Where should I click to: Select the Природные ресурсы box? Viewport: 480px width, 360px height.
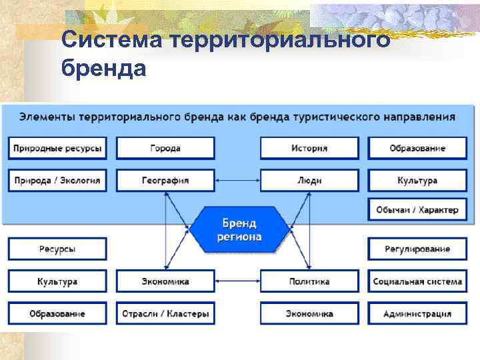pyautogui.click(x=57, y=148)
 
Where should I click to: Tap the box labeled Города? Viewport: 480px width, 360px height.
pyautogui.click(x=165, y=148)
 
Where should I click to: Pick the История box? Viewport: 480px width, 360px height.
pyautogui.click(x=309, y=148)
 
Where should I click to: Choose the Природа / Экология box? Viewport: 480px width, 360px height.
pyautogui.click(x=57, y=180)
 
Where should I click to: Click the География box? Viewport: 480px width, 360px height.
pyautogui.click(x=165, y=180)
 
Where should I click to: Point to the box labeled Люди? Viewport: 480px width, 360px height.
pyautogui.click(x=309, y=180)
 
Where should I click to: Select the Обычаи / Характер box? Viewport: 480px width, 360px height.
pyautogui.click(x=417, y=210)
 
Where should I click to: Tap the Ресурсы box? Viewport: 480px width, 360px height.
pyautogui.click(x=57, y=249)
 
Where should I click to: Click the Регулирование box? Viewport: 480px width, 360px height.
pyautogui.click(x=417, y=249)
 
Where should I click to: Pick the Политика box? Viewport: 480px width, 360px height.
pyautogui.click(x=309, y=281)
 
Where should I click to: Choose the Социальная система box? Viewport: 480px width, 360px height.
pyautogui.click(x=417, y=281)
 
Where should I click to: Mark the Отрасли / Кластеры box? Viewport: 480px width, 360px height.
pyautogui.click(x=165, y=313)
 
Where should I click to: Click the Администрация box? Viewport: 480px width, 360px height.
pyautogui.click(x=417, y=313)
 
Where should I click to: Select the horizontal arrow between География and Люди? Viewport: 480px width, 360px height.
pyautogui.click(x=237, y=180)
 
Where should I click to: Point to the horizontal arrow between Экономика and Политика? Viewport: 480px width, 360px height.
pyautogui.click(x=237, y=281)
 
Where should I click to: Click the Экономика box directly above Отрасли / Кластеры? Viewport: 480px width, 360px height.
pyautogui.click(x=165, y=281)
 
